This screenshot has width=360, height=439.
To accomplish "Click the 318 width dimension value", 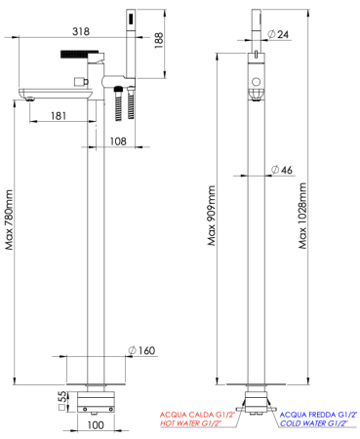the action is (81, 31).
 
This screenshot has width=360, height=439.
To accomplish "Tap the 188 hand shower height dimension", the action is (159, 41).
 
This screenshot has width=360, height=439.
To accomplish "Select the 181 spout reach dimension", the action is (59, 115).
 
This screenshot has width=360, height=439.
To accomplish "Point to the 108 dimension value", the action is (118, 141).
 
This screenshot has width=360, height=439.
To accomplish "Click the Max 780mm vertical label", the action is (10, 219).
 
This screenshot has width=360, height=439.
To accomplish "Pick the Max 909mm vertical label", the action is (212, 216).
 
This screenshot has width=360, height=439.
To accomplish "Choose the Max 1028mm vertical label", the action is (302, 216).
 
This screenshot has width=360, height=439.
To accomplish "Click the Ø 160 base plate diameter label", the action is (141, 350).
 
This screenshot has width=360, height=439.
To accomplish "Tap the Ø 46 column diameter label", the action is (282, 170).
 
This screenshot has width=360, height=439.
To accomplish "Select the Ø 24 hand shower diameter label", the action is (278, 34).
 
